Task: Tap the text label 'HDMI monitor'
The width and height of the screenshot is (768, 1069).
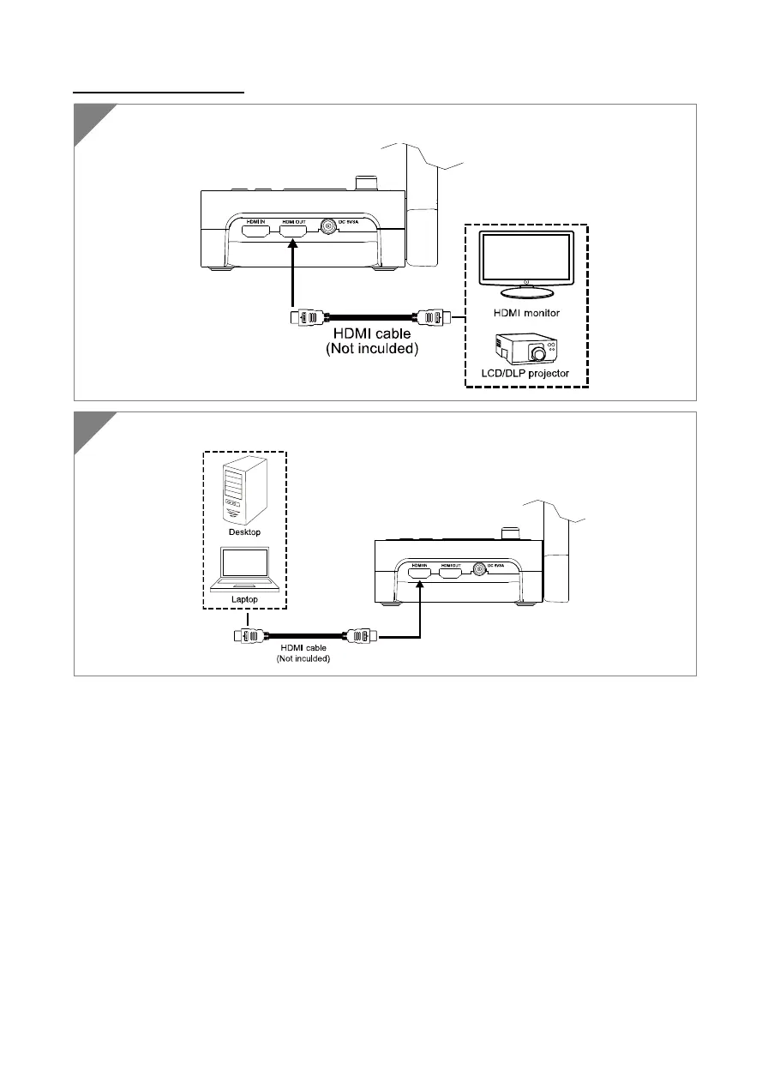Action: click(x=526, y=313)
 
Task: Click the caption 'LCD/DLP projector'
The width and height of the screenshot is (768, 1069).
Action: click(x=526, y=374)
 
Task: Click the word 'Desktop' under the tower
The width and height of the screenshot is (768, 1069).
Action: click(x=244, y=532)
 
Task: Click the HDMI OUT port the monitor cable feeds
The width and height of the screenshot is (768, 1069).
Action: click(x=294, y=227)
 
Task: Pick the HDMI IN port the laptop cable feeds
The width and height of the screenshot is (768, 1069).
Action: click(x=419, y=568)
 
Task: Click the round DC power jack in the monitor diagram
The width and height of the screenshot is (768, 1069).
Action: click(x=328, y=227)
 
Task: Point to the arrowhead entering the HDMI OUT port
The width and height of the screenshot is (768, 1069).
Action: click(x=294, y=247)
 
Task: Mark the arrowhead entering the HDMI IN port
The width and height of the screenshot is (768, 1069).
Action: click(x=419, y=583)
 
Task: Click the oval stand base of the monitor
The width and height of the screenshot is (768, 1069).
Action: click(x=526, y=291)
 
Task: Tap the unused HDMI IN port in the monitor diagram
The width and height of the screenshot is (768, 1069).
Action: click(x=254, y=227)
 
